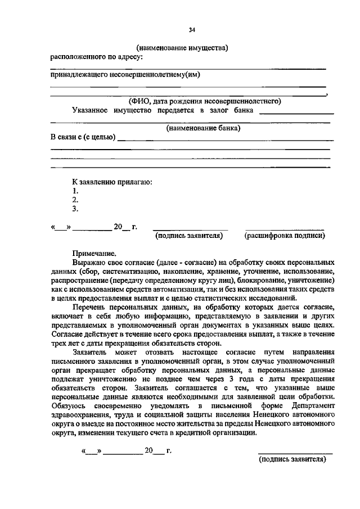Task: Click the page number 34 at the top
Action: [x=192, y=29]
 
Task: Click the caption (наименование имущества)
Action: [x=182, y=48]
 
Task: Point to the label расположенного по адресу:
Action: [x=97, y=56]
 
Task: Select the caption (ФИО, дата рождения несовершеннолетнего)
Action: [x=204, y=101]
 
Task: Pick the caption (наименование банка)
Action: [x=202, y=128]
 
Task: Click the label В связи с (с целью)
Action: [x=83, y=137]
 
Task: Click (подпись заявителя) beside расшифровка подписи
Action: [x=189, y=236]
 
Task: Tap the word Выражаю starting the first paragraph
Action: [x=90, y=263]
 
